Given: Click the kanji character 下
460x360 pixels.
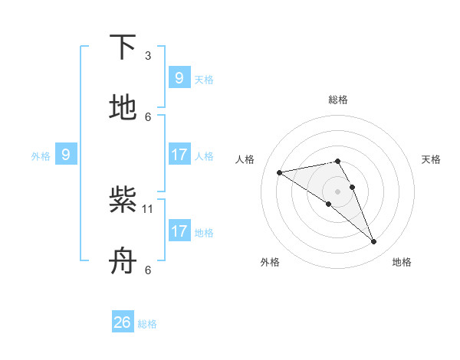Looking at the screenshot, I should [x=123, y=47].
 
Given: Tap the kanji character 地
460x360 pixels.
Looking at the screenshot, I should [x=123, y=109].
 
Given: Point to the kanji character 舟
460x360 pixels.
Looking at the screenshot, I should [x=123, y=261].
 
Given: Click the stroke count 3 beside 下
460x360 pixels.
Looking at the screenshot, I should [x=148, y=55].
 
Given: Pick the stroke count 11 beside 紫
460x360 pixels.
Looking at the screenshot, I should [x=149, y=208].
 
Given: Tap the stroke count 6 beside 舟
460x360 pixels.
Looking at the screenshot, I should [x=148, y=270].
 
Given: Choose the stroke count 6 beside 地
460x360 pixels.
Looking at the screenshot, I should [x=148, y=116].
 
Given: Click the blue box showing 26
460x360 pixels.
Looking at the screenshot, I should [x=123, y=322].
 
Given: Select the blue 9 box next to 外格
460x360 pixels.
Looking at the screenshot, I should [x=66, y=155].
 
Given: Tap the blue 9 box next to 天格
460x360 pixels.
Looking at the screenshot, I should [x=179, y=78].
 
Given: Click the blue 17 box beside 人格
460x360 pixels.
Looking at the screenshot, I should [x=179, y=155].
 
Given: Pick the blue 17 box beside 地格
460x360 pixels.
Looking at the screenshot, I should [x=179, y=231].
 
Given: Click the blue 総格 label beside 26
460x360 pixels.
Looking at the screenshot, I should [x=147, y=324].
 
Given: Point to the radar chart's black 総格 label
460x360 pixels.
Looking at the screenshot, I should [x=338, y=100].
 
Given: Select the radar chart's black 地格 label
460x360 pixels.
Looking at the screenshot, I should [x=402, y=262].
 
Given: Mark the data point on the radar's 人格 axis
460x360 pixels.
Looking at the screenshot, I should [x=280, y=172].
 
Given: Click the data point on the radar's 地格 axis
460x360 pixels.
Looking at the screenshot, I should [x=373, y=241].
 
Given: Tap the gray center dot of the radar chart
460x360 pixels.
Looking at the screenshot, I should [x=338, y=191].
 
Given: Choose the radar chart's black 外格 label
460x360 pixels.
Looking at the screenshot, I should [x=270, y=262].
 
